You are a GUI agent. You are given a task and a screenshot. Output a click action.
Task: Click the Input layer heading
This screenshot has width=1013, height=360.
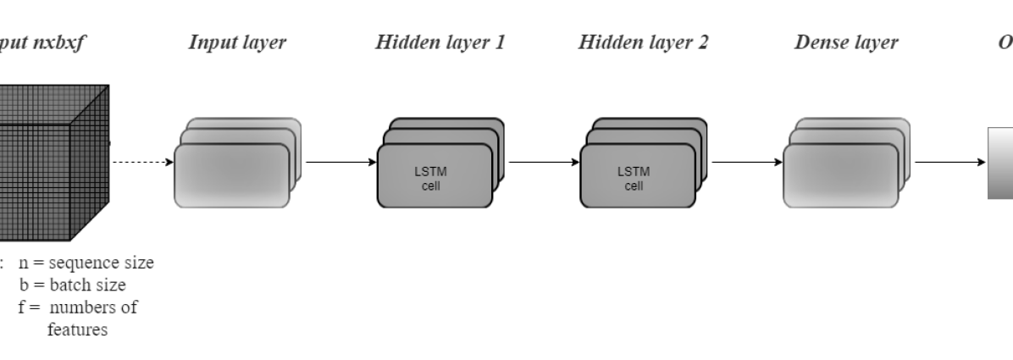point(237,43)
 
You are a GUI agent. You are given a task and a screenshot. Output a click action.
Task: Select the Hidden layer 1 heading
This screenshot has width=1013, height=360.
point(440,43)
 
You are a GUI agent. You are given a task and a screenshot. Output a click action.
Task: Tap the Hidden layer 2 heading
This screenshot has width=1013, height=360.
point(643,43)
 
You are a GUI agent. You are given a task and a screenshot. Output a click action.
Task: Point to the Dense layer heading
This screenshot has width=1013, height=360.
point(846,43)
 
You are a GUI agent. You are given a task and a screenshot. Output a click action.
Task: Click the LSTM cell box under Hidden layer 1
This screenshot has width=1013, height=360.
point(434,176)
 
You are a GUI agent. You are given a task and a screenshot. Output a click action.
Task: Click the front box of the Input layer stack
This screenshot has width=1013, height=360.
point(230,176)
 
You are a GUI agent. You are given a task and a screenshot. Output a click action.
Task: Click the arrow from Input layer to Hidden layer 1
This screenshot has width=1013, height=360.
point(339,161)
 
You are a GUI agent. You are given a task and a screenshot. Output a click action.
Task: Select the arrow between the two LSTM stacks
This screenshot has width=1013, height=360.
point(542,161)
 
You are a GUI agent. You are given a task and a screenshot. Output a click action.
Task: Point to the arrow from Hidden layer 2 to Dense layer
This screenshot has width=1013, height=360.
point(745,161)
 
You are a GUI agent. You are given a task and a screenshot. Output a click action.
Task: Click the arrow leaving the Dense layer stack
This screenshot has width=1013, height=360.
point(949,161)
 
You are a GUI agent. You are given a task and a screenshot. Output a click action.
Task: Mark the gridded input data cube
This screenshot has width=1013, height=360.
point(51,161)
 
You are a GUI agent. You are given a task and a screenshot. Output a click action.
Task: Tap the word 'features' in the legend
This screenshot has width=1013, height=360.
point(77,330)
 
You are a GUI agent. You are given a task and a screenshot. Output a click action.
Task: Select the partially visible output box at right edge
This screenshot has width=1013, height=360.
point(1000,163)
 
